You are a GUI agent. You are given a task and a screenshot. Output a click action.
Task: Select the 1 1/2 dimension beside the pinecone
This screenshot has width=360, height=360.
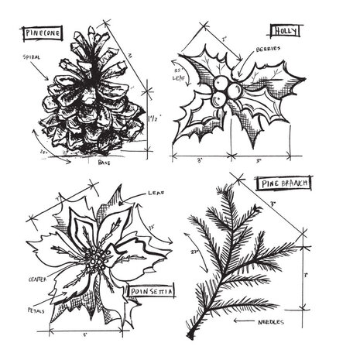(159, 118)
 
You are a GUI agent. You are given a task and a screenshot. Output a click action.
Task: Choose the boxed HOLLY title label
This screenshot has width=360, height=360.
(280, 31)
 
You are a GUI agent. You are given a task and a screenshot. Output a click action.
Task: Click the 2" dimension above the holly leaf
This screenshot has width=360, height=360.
(224, 37)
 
